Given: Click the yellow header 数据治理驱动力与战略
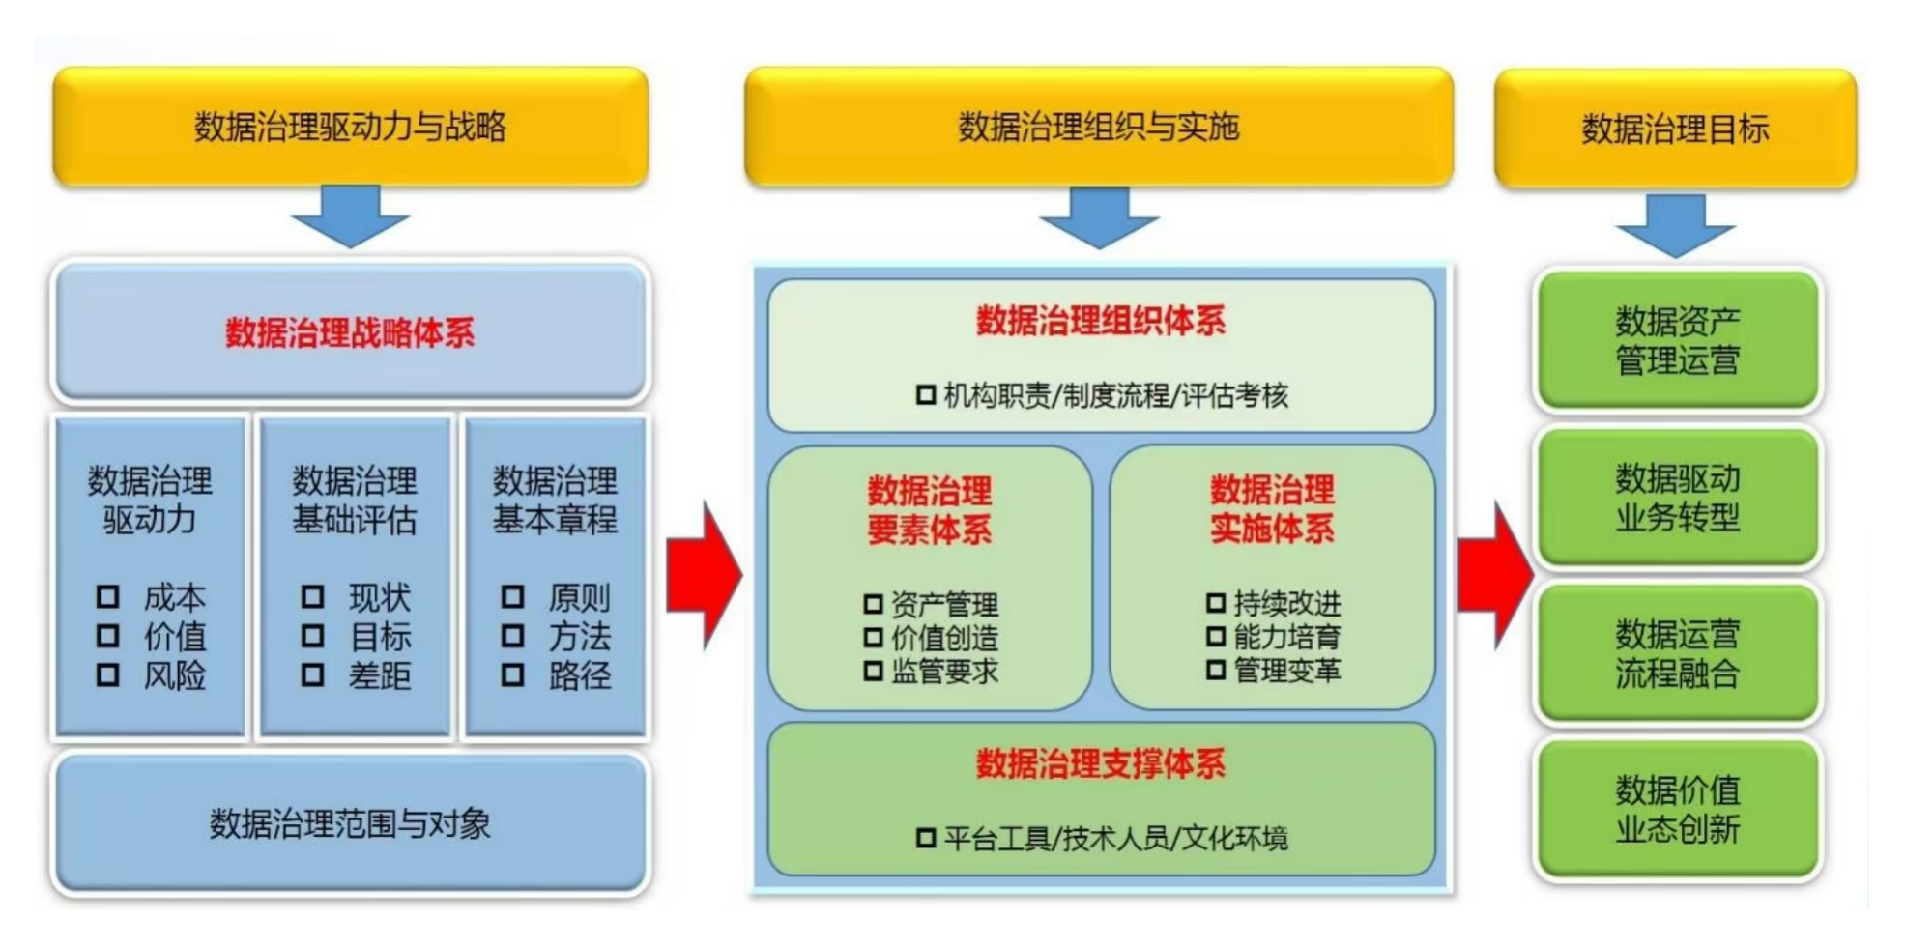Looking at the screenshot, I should pos(350,127).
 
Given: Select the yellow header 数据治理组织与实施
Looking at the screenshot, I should pos(1098,127).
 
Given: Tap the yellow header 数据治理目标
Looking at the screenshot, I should pos(1675,129).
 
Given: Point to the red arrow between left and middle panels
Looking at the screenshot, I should pos(704,575).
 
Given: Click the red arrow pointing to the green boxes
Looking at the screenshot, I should pos(1494,575).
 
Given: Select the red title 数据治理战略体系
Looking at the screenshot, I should pos(350,333).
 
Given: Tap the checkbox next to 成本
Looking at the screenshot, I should pos(108,597).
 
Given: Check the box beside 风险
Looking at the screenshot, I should pos(108,674).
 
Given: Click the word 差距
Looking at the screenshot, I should pos(380,675).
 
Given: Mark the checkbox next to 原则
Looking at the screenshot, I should pos(513,597).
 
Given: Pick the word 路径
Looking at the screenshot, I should pos(580,675).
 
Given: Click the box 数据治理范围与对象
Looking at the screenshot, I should pos(350,823).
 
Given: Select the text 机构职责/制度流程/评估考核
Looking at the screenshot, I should pos(1115,395).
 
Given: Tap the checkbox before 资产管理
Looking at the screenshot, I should pos(873,605).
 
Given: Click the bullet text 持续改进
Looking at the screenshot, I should pos(1286,604).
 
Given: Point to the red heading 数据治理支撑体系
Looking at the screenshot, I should pos(1100,764).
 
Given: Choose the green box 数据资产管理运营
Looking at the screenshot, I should pos(1677,340).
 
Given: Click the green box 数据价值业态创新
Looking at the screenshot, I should pos(1677,810).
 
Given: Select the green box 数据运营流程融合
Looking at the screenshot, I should pos(1677,653).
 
